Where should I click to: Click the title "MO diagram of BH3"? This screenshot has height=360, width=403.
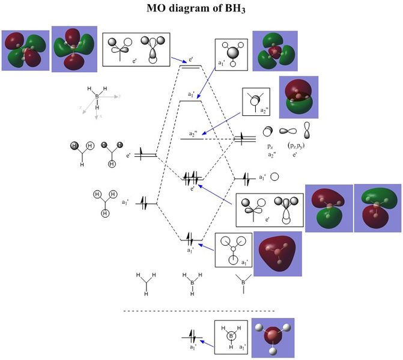tap(201, 8)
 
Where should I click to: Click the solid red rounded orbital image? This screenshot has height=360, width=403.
tap(277, 254)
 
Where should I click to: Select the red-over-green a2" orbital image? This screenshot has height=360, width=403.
tap(298, 97)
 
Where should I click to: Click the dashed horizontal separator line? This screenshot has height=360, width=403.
tap(199, 311)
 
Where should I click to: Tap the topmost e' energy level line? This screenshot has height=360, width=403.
tap(192, 66)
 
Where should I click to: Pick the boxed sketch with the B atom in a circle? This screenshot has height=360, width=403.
tap(231, 337)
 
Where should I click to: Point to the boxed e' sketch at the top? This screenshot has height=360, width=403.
tap(136, 49)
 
